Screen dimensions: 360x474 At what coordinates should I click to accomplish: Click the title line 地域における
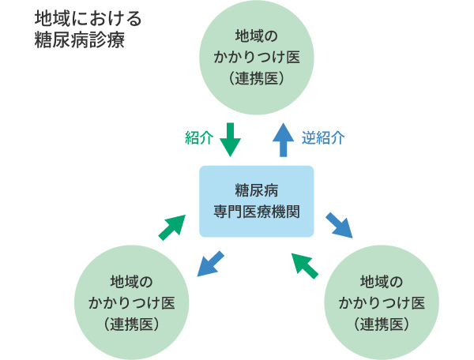coord(87,18)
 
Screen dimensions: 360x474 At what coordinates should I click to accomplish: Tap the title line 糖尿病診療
coord(79,39)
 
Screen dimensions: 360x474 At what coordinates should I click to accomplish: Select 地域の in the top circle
coord(258,36)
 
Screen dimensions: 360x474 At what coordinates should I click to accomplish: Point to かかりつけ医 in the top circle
coord(258,58)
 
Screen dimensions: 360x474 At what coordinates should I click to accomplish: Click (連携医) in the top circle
coord(258,79)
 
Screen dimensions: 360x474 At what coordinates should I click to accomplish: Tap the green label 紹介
coord(199,138)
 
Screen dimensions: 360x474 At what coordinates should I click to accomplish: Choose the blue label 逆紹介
coord(323,138)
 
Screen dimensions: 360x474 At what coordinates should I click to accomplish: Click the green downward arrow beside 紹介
coord(229,139)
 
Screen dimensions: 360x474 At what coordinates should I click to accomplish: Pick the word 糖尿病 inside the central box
coord(257,189)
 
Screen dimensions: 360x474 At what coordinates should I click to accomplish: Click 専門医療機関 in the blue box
coord(257,211)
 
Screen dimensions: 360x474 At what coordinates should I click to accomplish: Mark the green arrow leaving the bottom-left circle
coord(171,227)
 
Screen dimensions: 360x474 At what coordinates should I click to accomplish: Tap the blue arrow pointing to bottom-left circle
coord(210,264)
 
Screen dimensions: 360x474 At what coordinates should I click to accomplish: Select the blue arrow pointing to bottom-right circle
coord(339,223)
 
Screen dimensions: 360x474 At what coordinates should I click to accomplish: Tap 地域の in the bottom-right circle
coord(382,282)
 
